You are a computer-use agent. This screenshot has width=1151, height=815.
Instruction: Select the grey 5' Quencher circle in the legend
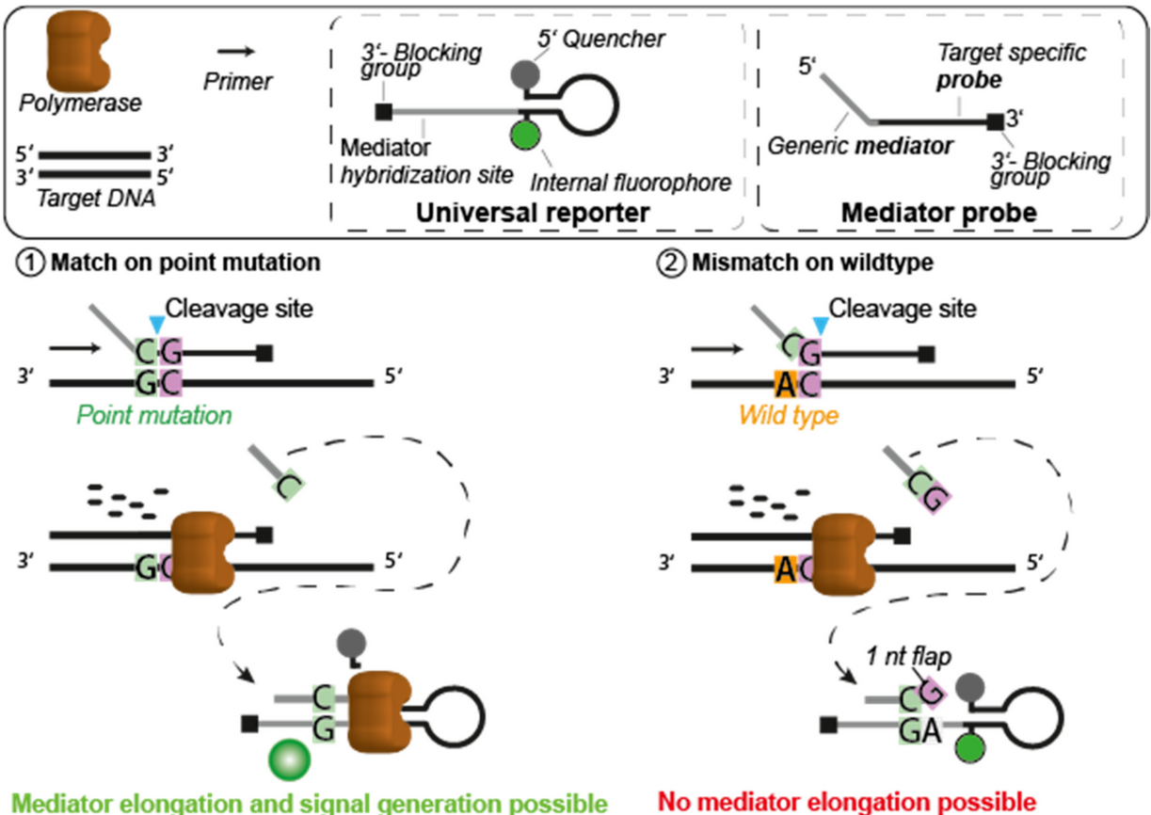[523, 72]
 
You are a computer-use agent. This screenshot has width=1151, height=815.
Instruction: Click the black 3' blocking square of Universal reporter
[383, 113]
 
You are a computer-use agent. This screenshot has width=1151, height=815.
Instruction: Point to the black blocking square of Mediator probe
[996, 121]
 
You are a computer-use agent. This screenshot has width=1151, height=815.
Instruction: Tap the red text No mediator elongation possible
[847, 803]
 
